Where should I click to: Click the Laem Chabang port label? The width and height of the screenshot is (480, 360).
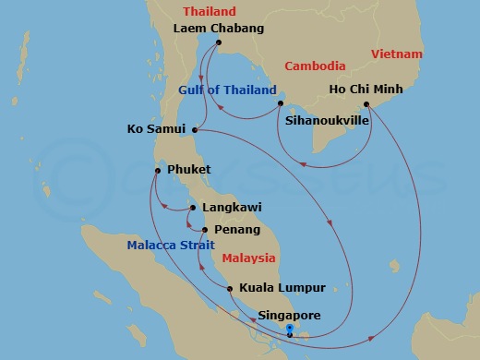click(x=219, y=29)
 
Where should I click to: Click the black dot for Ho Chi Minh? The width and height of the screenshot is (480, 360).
click(x=366, y=103)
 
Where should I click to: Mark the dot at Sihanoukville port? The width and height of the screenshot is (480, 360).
click(x=280, y=103)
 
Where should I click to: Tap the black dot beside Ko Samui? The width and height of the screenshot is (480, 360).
click(x=194, y=129)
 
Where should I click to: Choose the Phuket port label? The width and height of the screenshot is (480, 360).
click(x=189, y=170)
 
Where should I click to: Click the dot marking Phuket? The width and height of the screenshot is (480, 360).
click(x=158, y=170)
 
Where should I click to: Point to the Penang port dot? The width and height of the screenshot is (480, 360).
click(x=204, y=229)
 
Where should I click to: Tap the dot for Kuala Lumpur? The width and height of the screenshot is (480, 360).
click(x=230, y=288)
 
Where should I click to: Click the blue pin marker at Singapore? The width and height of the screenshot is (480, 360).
click(x=289, y=330)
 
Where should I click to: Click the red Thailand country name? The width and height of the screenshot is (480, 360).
click(x=210, y=12)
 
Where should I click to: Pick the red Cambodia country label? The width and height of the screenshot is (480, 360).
click(x=315, y=66)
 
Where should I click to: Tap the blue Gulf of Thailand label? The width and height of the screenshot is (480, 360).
click(x=227, y=90)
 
